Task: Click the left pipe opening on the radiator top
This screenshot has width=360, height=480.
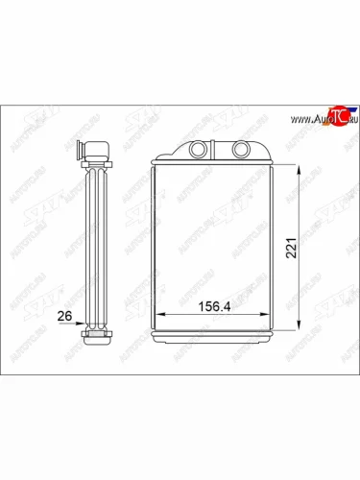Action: coord(198,150)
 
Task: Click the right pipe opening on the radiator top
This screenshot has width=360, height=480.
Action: coord(240,150)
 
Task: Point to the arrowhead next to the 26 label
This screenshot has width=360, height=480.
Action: coord(84,324)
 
